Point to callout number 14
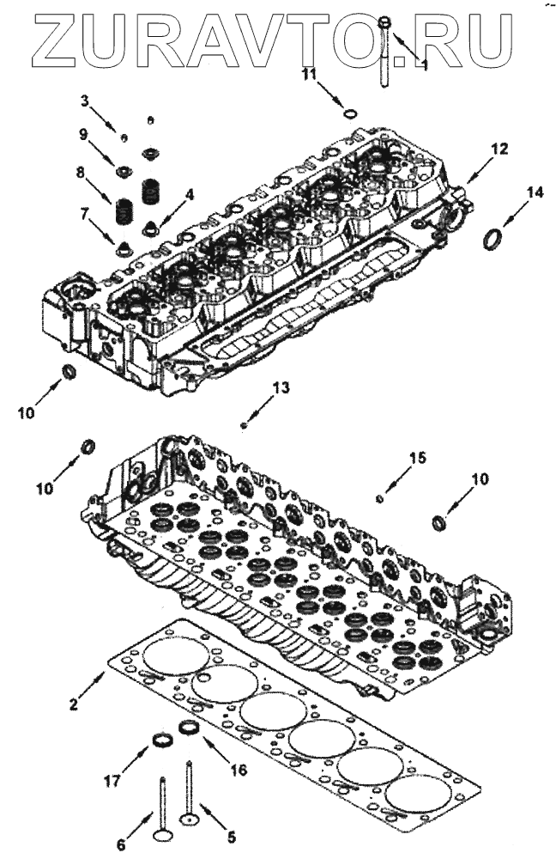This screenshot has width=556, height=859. [535, 193]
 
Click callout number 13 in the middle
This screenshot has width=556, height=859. [282, 388]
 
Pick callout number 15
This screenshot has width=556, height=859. [416, 460]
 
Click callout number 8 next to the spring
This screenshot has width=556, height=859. [82, 173]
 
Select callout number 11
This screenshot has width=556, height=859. [310, 76]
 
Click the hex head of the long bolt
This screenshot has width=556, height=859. [384, 22]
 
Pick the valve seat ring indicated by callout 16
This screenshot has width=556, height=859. [188, 728]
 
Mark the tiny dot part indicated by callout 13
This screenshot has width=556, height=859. [245, 424]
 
